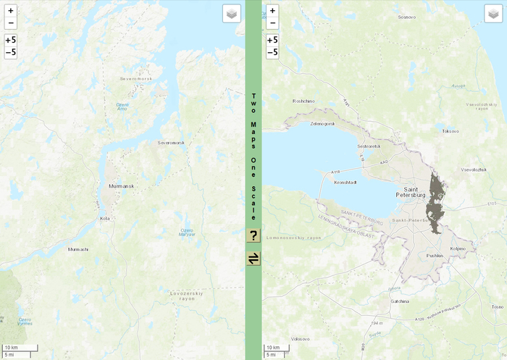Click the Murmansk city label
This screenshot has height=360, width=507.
(122, 186)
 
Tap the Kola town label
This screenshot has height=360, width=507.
(104, 217)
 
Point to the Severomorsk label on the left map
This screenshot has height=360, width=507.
(172, 143)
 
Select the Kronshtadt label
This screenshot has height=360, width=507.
(347, 183)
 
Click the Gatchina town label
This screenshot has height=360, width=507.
(400, 301)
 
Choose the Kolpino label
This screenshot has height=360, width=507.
(457, 248)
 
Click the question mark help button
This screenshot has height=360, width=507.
(253, 235)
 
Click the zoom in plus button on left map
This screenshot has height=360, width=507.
(11, 12)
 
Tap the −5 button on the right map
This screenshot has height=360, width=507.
(272, 52)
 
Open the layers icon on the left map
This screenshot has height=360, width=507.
(231, 14)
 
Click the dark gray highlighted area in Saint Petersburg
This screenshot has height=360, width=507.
(436, 203)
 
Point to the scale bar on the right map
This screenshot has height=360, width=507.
(279, 351)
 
